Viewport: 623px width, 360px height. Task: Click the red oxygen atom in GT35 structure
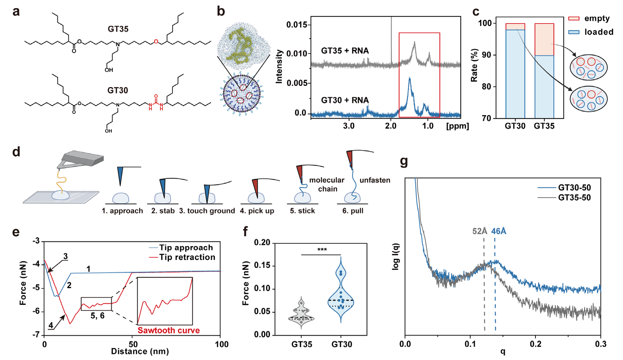(x=156, y=42)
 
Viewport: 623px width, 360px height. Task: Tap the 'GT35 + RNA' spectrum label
(x=345, y=51)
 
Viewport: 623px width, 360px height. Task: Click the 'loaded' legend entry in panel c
(x=591, y=32)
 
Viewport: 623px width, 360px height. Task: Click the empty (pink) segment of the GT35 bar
(x=544, y=40)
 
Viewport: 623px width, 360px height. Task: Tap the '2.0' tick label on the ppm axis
(x=391, y=126)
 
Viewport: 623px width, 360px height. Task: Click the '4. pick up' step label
(x=257, y=211)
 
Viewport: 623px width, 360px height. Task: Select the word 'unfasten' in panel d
(x=375, y=180)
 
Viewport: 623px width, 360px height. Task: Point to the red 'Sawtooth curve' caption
(x=168, y=330)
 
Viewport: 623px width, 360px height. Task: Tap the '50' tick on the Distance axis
(x=133, y=344)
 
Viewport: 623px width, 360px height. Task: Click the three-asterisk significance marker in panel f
(x=322, y=249)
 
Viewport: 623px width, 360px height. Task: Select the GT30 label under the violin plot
(x=342, y=344)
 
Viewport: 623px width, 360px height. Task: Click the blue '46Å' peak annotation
(x=499, y=231)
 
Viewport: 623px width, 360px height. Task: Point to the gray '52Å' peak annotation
(x=480, y=231)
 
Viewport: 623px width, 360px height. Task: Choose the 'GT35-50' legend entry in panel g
(x=564, y=198)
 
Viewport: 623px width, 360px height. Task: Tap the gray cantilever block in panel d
(x=82, y=159)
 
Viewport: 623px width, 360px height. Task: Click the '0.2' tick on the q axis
(x=536, y=344)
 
